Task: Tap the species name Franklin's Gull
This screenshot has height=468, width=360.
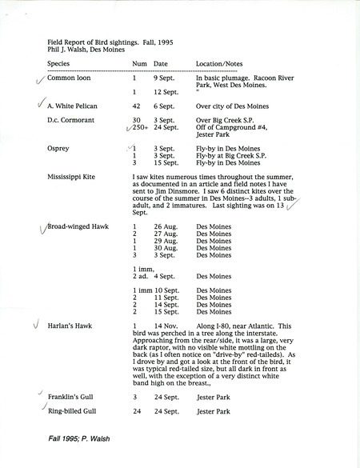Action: pyautogui.click(x=71, y=396)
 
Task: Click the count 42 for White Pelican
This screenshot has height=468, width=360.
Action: pyautogui.click(x=137, y=105)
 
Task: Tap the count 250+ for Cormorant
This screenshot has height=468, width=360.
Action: pyautogui.click(x=140, y=127)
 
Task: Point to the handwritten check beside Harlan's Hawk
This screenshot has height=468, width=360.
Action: pyautogui.click(x=34, y=326)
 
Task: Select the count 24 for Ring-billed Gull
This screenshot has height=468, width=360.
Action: pyautogui.click(x=136, y=412)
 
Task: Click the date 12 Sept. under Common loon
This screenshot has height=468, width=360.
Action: pyautogui.click(x=166, y=92)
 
